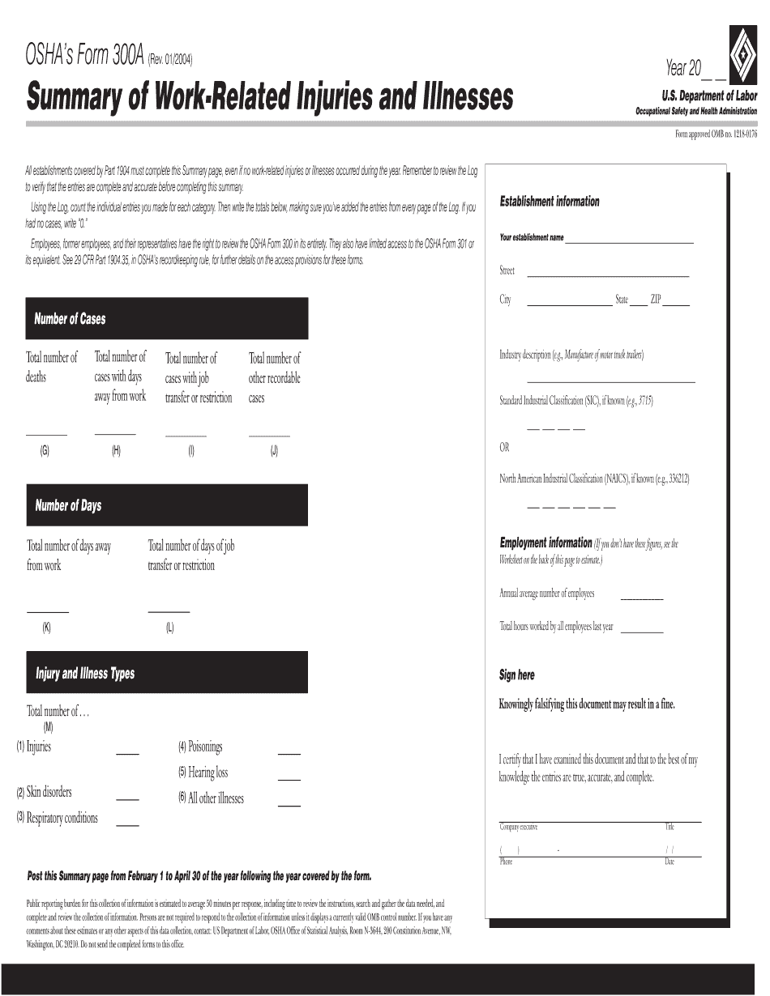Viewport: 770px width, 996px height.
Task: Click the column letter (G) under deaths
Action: (45, 452)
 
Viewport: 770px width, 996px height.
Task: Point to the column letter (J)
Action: (274, 452)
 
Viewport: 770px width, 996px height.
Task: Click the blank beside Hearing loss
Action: (289, 780)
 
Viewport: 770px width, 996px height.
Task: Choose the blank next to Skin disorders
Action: (127, 799)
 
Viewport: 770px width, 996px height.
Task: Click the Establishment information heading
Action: (550, 202)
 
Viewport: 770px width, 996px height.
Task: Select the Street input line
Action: (607, 276)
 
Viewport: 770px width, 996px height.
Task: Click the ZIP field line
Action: (676, 305)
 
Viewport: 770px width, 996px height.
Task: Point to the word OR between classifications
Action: (504, 448)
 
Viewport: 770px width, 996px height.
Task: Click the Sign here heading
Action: (517, 675)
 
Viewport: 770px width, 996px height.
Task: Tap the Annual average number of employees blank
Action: (641, 599)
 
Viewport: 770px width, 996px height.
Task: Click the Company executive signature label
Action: (518, 827)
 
